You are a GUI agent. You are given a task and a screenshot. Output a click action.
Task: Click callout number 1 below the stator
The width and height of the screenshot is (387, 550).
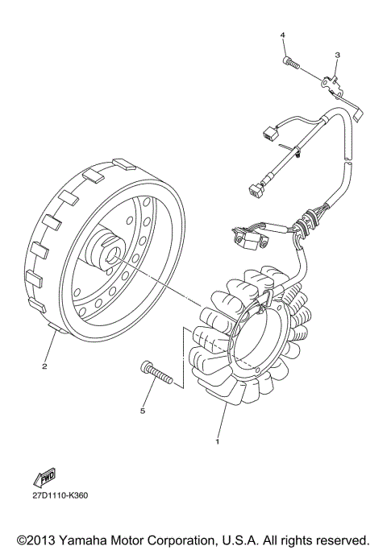[216, 441]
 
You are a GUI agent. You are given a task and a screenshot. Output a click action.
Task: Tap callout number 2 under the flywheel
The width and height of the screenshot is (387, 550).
[45, 368]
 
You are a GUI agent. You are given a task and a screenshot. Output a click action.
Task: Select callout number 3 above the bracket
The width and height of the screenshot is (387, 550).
[337, 55]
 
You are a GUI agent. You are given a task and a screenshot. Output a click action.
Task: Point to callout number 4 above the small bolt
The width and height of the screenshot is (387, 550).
[283, 36]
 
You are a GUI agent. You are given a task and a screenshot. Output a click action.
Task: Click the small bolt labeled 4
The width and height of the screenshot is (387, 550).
[289, 61]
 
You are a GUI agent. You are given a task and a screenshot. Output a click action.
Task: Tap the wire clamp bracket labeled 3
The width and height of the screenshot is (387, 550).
[331, 81]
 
